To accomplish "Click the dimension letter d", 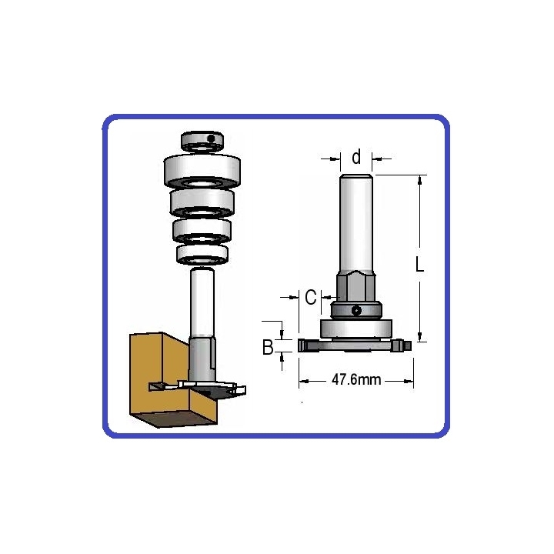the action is [x=356, y=157].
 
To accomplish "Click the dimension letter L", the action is [x=420, y=264].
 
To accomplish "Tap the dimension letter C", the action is [x=311, y=297].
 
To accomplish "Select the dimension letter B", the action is [x=269, y=347].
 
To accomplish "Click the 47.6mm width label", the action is [x=356, y=380].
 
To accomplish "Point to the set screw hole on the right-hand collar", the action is [x=356, y=311].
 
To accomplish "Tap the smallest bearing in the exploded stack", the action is [x=202, y=255].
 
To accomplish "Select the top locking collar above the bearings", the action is [x=202, y=141].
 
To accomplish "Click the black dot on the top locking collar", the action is [x=211, y=138].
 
